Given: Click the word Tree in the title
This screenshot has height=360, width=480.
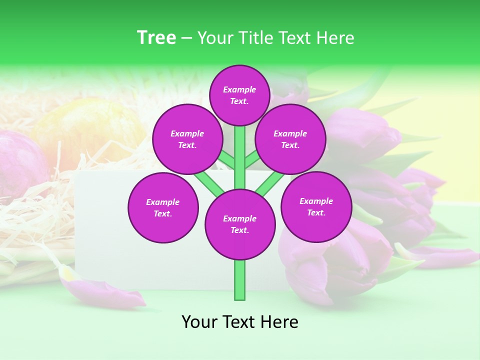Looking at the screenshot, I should (156, 37).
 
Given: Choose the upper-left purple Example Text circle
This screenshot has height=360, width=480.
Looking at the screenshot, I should (187, 139).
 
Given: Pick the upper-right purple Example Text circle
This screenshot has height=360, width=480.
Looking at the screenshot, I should (290, 139).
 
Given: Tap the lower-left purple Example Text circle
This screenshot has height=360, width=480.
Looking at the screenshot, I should (163, 207).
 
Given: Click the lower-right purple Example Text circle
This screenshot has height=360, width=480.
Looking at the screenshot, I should (316, 206).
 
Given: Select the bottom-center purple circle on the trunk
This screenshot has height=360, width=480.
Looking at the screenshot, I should (239, 224).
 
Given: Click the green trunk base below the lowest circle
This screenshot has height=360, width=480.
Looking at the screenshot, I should (239, 280).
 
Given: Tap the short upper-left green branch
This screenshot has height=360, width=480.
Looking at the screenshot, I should (226, 160).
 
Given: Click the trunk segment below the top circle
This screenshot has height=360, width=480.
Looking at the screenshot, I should (239, 150).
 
